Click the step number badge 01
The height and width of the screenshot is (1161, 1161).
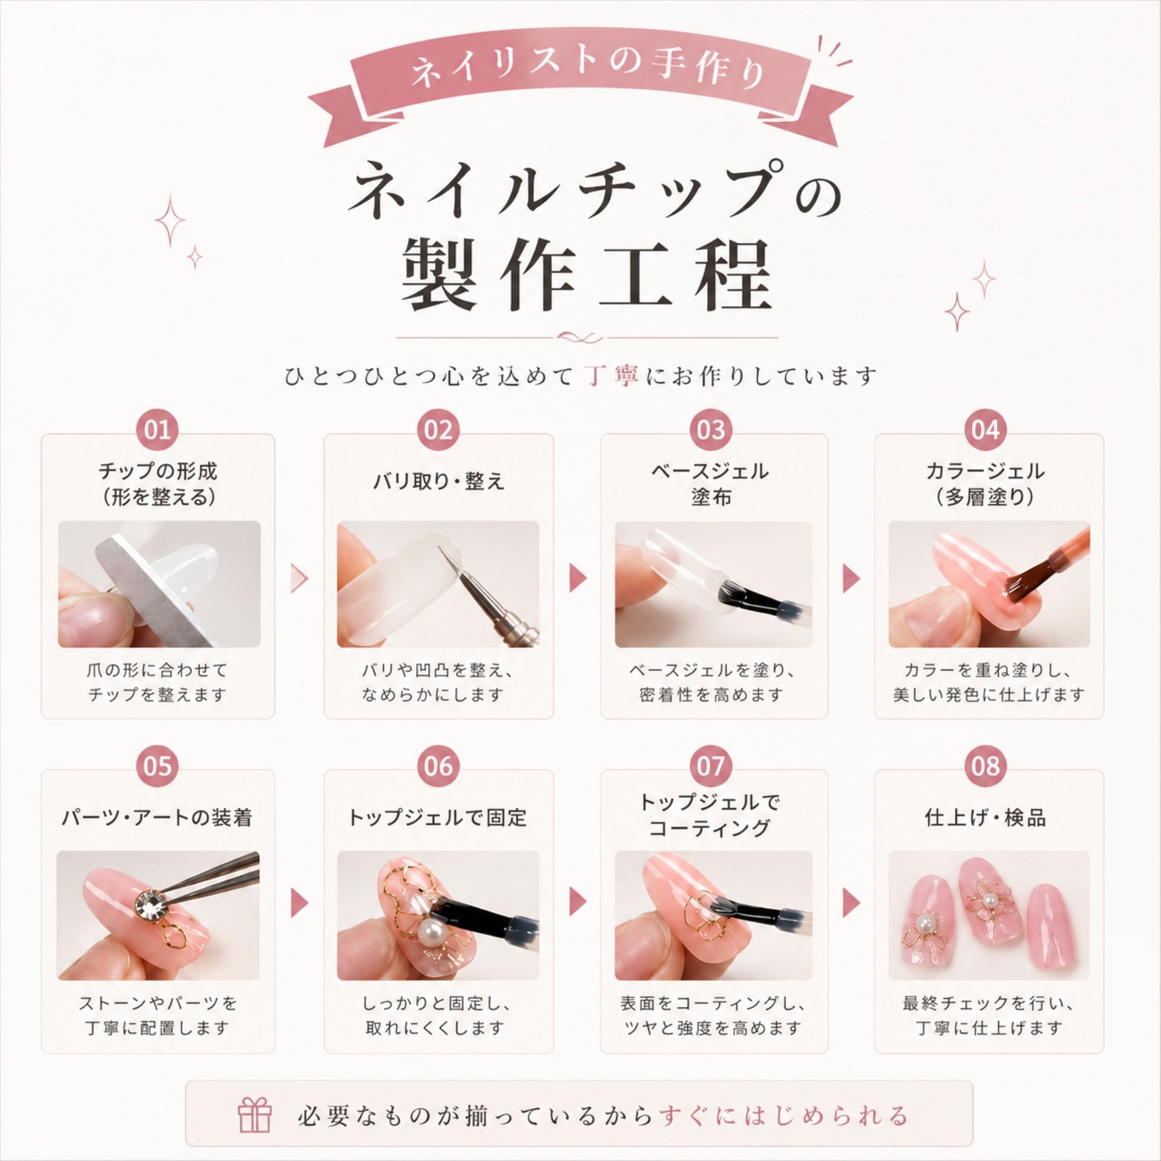coord(158,431)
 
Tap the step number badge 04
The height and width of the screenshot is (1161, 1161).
coord(986,431)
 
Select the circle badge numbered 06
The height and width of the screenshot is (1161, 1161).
coord(438,767)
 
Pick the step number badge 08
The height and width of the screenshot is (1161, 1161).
coord(986,767)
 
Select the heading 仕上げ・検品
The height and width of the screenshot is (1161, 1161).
coord(986,817)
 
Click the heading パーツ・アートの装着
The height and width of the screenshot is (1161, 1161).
coord(157,817)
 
